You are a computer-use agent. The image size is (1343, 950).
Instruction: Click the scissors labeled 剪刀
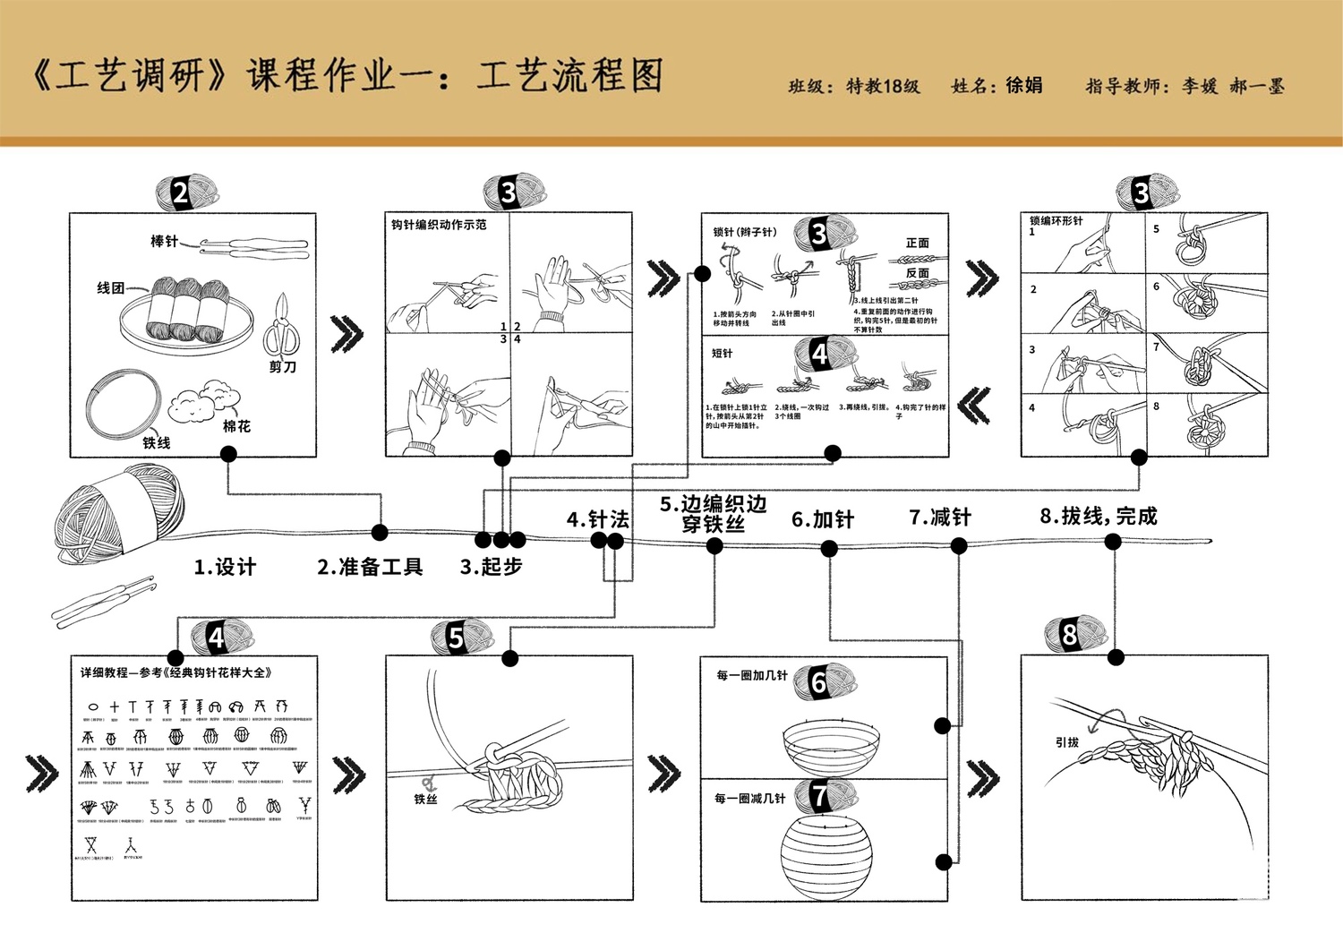282,328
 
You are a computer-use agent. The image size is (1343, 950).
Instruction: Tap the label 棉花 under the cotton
237,426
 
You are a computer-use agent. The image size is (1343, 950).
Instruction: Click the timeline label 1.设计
225,567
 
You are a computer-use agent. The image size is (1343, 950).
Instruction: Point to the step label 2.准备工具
370,567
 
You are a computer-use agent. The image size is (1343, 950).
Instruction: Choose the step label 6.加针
822,520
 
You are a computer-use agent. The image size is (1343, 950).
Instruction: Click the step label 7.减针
940,518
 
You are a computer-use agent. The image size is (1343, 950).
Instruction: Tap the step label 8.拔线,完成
1098,516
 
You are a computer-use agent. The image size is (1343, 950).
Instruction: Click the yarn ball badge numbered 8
1071,635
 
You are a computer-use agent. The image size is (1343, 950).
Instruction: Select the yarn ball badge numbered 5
458,638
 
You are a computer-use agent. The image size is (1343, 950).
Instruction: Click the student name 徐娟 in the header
1024,86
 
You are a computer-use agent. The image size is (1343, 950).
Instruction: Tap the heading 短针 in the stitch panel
723,354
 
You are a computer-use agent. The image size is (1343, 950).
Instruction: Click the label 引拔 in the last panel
1066,742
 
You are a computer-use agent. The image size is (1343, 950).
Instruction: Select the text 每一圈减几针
750,799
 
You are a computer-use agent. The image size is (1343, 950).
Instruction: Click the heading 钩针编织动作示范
439,225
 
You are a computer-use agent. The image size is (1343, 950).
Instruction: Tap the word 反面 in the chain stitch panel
918,273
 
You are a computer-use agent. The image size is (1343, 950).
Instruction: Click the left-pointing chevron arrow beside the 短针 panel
974,406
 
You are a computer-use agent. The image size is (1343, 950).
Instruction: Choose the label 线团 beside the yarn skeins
110,288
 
